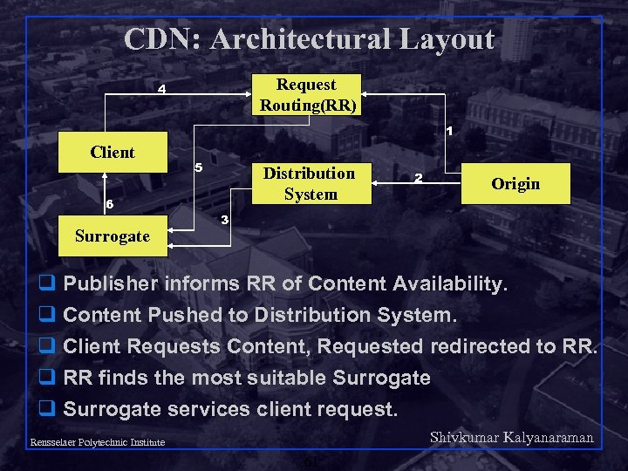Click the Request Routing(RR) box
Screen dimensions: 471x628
tap(307, 95)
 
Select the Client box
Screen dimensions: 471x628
tap(113, 153)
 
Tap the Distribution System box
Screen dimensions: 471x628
tap(310, 183)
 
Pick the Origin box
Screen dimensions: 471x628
tap(515, 184)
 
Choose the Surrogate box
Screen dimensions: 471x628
tap(113, 236)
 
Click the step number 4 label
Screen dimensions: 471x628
tap(161, 89)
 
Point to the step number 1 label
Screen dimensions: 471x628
tap(448, 132)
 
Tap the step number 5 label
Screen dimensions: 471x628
tap(198, 167)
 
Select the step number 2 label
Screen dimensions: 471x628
tap(419, 179)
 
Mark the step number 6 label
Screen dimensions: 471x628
tap(109, 204)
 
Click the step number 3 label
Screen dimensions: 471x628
tap(225, 219)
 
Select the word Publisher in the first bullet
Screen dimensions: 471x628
tap(111, 284)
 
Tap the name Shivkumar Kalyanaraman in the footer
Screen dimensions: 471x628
tap(512, 438)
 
